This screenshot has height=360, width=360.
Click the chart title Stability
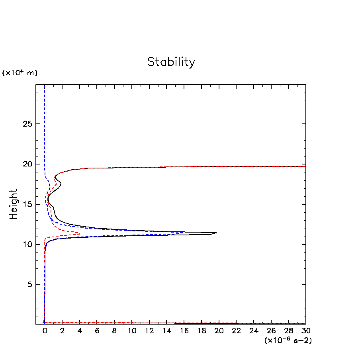click(171, 62)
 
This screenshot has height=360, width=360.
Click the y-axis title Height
click(14, 204)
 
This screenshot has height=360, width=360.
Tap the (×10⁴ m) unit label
click(20, 73)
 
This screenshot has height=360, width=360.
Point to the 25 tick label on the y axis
click(27, 124)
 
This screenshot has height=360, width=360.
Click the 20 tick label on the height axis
click(27, 164)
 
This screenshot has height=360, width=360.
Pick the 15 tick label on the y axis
click(27, 204)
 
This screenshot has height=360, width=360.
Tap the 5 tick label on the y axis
click(29, 285)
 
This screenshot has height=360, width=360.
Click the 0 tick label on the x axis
click(45, 331)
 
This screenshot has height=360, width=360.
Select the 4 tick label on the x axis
click(79, 331)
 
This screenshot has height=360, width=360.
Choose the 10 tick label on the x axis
click(132, 331)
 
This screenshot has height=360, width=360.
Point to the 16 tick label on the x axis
click(184, 331)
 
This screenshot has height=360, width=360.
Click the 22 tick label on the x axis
click(236, 331)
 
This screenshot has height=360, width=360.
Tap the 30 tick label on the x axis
click(306, 331)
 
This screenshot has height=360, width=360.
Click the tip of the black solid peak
click(216, 233)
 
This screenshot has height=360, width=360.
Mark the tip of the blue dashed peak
click(183, 233)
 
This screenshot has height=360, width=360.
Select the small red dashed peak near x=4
click(79, 234)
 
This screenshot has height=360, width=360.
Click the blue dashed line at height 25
click(45, 124)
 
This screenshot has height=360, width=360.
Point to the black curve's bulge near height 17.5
click(61, 184)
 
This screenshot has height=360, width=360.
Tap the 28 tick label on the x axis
click(288, 331)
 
